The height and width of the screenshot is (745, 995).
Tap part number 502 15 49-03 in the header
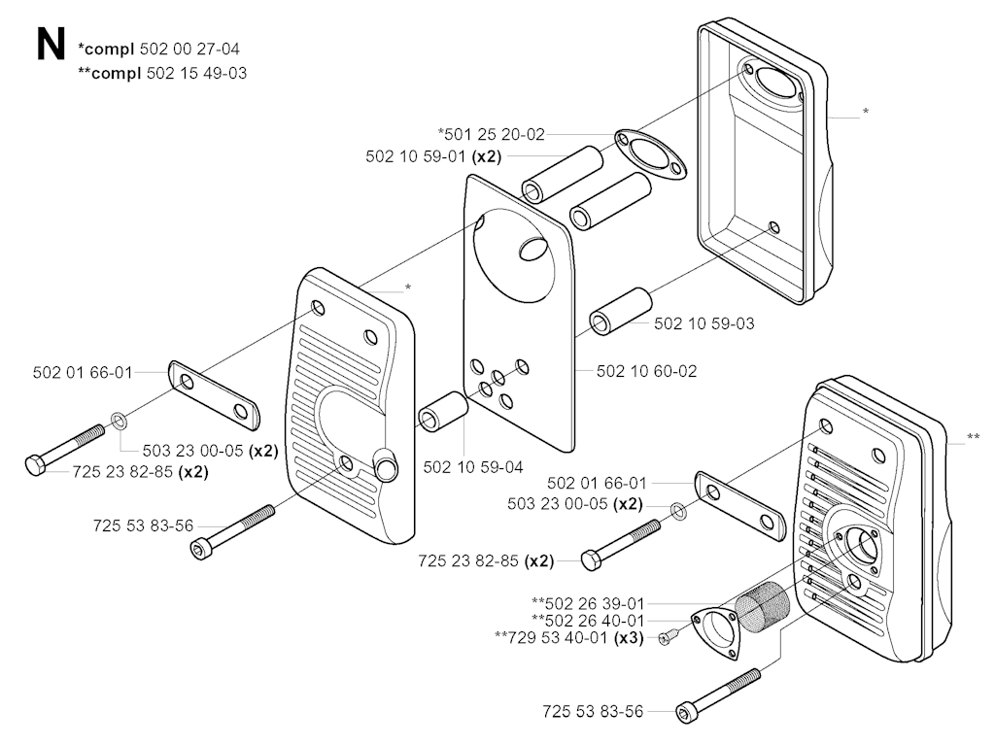coord(196,73)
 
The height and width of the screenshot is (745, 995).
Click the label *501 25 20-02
coord(491,134)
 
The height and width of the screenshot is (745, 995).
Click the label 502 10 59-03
coord(704,323)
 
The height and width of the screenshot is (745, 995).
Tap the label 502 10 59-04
coord(473,467)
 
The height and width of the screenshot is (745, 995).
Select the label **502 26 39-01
coord(588,603)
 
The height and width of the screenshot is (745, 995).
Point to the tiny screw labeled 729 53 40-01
coord(668,636)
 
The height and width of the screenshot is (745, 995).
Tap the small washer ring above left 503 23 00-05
coord(119,421)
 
